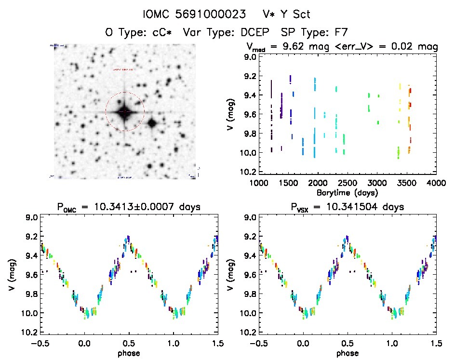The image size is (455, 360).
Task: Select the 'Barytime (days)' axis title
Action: tap(347, 192)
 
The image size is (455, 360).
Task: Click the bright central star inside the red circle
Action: tap(124, 111)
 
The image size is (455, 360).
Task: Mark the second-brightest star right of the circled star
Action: tap(152, 123)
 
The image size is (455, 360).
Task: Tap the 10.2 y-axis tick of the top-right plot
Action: tap(249, 172)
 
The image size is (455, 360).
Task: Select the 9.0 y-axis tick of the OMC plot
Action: tap(32, 217)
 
